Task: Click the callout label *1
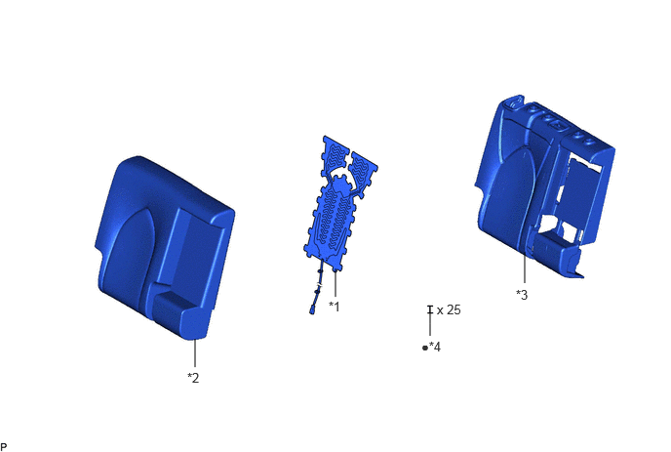click(334, 307)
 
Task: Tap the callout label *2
click(193, 378)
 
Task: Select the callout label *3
click(522, 295)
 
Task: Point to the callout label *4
click(435, 347)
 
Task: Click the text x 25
click(449, 309)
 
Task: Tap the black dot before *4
click(425, 348)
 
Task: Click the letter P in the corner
click(4, 447)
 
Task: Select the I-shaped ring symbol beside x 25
click(430, 309)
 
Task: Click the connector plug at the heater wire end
click(313, 309)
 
